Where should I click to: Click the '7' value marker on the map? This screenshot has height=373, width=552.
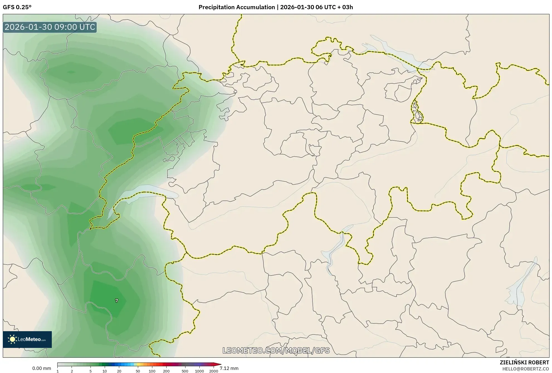point(116,301)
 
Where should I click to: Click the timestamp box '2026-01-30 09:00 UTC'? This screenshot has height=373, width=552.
point(50,27)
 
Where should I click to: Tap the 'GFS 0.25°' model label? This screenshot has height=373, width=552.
point(17,7)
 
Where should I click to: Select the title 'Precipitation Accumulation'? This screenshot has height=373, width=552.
point(236,7)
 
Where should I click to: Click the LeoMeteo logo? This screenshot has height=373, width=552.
point(27,339)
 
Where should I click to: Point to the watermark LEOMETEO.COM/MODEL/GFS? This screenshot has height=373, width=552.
point(276,350)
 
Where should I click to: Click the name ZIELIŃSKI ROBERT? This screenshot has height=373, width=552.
point(524,362)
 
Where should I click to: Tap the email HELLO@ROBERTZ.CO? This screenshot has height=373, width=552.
point(525,369)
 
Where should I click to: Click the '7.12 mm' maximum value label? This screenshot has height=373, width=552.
point(229,368)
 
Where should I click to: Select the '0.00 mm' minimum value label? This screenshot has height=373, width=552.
point(41,368)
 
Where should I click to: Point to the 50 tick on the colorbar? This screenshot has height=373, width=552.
point(138,371)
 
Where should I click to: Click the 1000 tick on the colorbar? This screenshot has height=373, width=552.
point(199,371)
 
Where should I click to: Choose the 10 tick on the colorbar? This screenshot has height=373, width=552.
point(105,371)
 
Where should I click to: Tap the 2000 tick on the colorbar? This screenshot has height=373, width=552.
point(214,371)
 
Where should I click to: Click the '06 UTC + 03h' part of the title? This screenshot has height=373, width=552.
point(334,7)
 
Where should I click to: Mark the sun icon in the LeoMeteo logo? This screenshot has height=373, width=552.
point(12,339)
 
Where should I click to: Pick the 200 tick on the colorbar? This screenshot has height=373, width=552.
point(166,371)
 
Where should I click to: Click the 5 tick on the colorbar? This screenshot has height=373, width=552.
point(91,371)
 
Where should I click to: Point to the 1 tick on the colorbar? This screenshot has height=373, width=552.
point(58,371)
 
